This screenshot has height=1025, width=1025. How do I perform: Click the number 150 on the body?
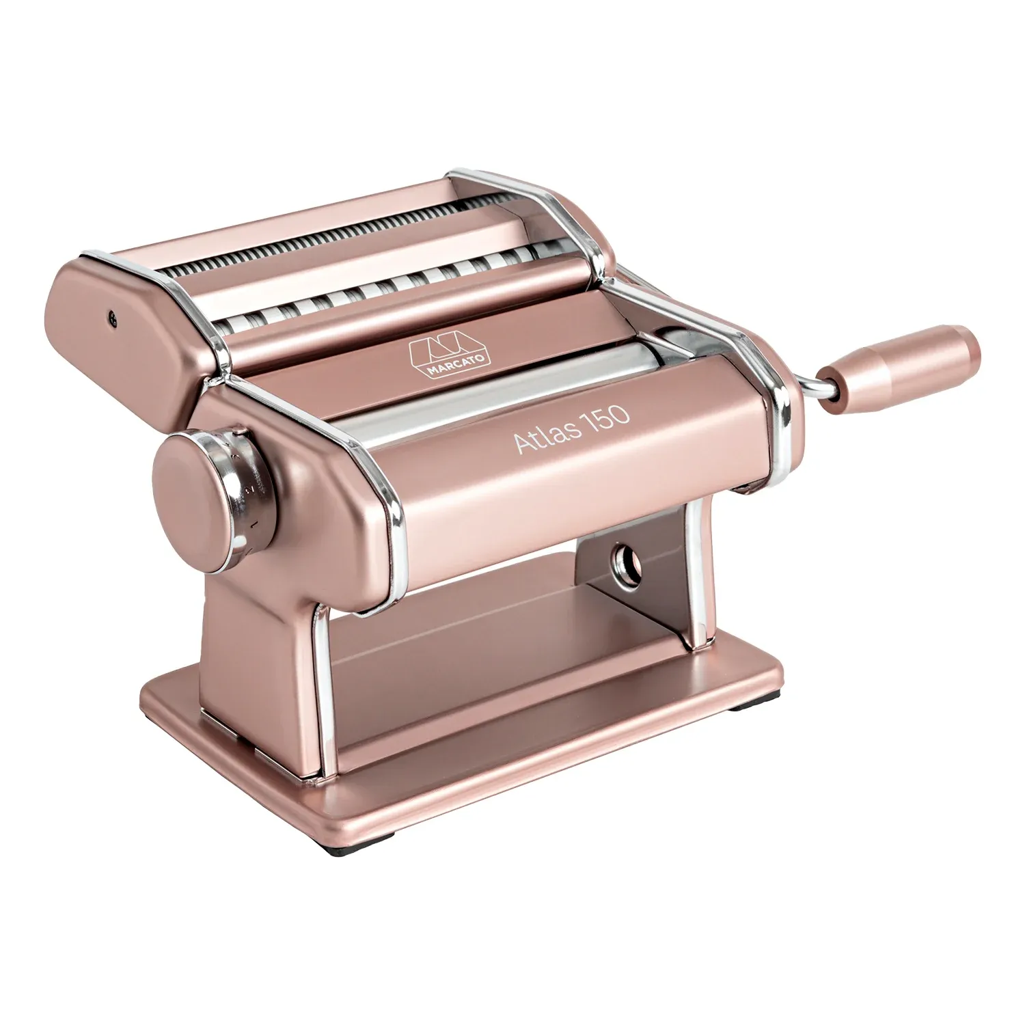[x=604, y=417]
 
